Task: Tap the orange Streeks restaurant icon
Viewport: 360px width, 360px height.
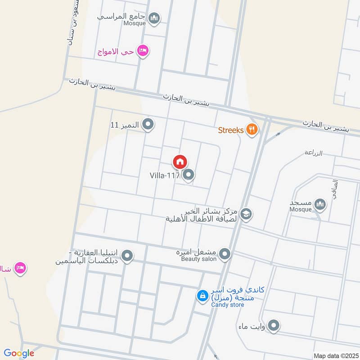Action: pyautogui.click(x=252, y=130)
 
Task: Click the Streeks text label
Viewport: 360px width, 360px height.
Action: pyautogui.click(x=230, y=130)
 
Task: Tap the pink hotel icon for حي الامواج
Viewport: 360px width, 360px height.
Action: pyautogui.click(x=144, y=51)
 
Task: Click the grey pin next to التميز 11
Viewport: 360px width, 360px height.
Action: pyautogui.click(x=148, y=124)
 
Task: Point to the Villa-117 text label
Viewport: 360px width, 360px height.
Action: pyautogui.click(x=164, y=175)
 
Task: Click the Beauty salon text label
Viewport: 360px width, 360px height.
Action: pyautogui.click(x=198, y=259)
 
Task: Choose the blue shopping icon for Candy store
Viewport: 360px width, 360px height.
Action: pyautogui.click(x=202, y=296)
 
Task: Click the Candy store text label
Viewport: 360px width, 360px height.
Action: pyautogui.click(x=228, y=305)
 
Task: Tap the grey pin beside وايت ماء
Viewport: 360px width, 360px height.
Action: pyautogui.click(x=274, y=325)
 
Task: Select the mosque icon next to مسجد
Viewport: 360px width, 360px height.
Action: pyautogui.click(x=320, y=205)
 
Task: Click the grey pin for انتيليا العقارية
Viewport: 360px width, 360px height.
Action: pyautogui.click(x=128, y=256)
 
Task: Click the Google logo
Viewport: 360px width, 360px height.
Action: pyautogui.click(x=19, y=353)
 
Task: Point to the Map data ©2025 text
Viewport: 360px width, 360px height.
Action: pyautogui.click(x=335, y=356)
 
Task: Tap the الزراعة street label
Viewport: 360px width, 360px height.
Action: pyautogui.click(x=313, y=153)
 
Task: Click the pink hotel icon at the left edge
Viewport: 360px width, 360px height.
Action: pyautogui.click(x=21, y=269)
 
